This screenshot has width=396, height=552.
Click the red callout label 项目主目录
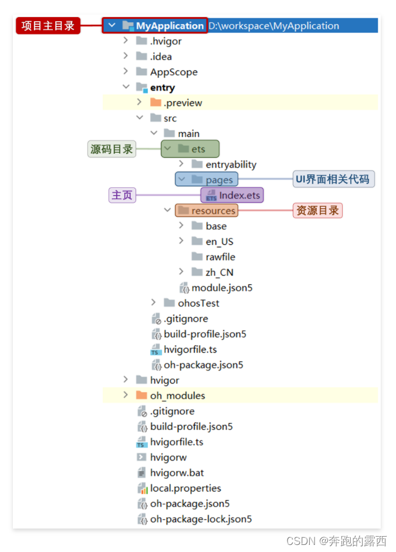tap(48, 26)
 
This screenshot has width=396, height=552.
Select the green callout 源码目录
tap(111, 149)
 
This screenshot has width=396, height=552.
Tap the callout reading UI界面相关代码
tap(334, 180)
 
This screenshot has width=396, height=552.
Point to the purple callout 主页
tap(122, 195)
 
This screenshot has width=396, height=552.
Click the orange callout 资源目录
tap(317, 210)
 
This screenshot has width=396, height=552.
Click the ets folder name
tap(198, 149)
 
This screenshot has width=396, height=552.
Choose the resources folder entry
tap(213, 211)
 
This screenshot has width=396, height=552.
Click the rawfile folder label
tap(220, 257)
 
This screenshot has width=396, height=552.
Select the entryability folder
tap(231, 164)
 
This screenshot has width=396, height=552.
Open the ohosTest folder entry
tap(198, 303)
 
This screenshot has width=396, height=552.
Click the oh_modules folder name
tap(177, 395)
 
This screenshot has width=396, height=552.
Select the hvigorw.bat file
tap(177, 473)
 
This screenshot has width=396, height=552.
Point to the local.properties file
tap(185, 488)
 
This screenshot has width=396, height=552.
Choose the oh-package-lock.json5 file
tap(201, 519)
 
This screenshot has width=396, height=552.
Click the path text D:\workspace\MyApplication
tap(273, 26)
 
